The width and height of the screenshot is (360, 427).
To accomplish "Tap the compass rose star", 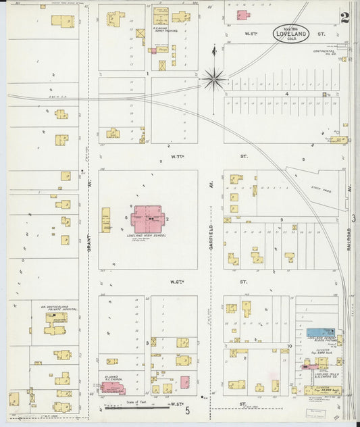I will coord(214,80).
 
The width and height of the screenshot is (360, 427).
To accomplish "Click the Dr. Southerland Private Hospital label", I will coord(59,308).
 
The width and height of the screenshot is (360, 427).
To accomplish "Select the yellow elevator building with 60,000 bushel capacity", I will coord(322,390).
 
